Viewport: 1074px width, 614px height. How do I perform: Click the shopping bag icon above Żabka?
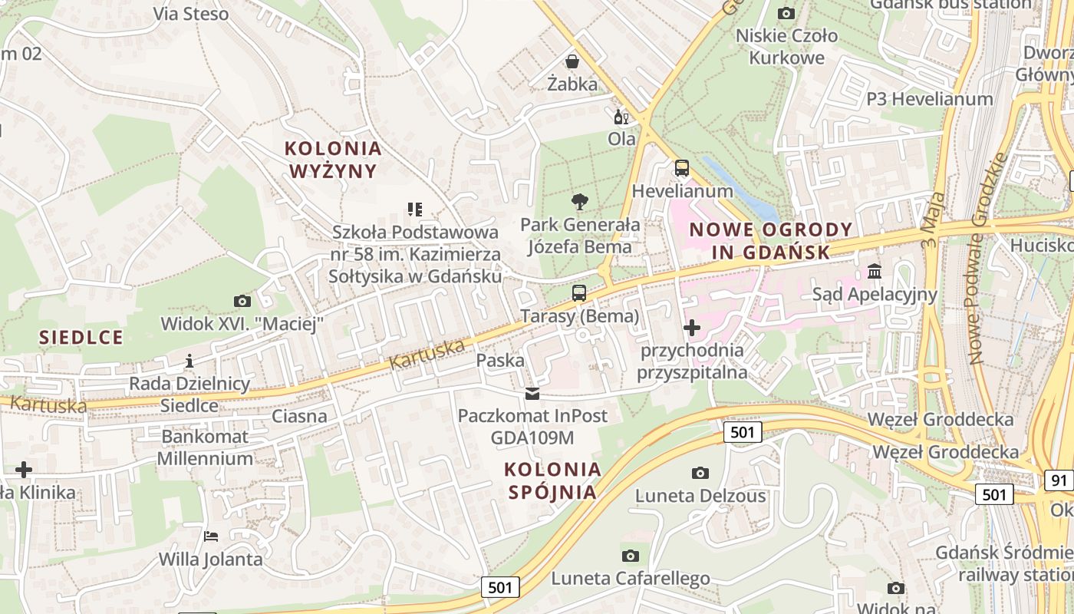[572, 61]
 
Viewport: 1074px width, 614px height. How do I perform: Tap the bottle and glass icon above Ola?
[621, 117]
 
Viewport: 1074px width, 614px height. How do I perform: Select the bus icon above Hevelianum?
[681, 168]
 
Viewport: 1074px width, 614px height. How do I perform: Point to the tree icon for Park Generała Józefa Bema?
[580, 202]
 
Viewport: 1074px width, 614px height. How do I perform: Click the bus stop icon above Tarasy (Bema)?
[579, 292]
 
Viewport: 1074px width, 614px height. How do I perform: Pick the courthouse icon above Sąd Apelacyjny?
[875, 271]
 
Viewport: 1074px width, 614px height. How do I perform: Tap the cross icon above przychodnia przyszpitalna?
[692, 328]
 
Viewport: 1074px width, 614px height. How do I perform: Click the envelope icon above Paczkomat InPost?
[532, 394]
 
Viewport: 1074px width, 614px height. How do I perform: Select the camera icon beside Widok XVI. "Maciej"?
[242, 301]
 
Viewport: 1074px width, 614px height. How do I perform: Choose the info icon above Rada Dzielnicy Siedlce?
[189, 360]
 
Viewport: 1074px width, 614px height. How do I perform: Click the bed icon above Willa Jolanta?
[211, 536]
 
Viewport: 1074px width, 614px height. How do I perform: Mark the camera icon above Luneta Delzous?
[700, 473]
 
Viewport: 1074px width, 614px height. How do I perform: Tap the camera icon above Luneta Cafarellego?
[630, 555]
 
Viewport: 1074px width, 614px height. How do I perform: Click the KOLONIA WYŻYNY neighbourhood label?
[333, 160]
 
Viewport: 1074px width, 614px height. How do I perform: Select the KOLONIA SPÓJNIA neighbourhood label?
[552, 480]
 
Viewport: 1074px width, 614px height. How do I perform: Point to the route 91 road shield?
[1059, 481]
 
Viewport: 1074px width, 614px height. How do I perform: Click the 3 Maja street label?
[930, 223]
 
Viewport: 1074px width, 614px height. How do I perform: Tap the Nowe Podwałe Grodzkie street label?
[987, 257]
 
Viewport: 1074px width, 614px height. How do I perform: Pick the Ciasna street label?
[300, 417]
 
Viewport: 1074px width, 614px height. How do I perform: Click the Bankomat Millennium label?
[206, 447]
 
